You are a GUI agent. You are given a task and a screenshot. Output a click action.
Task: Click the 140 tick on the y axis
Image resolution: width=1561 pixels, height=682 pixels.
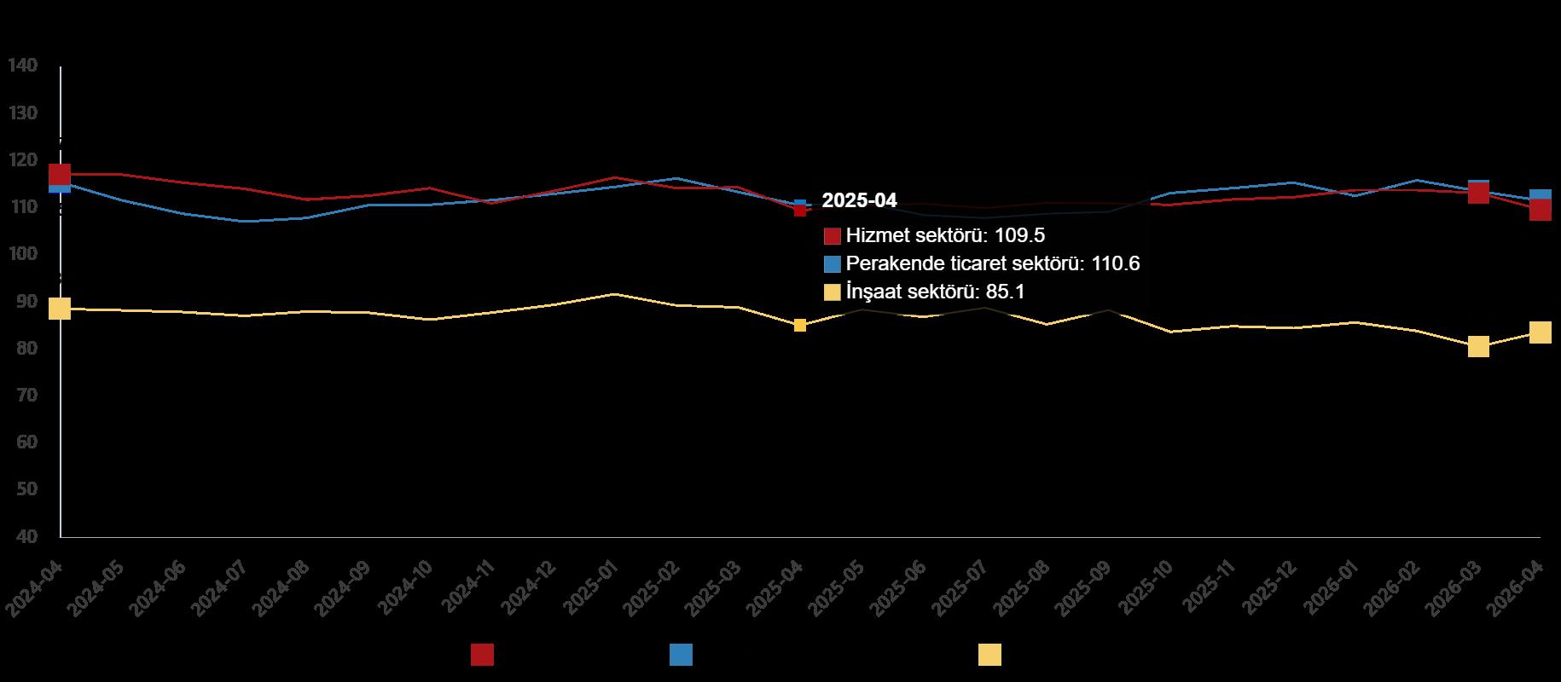pyautogui.click(x=23, y=66)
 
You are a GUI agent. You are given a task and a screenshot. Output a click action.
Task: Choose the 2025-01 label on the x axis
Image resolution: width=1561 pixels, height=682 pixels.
pyautogui.click(x=589, y=589)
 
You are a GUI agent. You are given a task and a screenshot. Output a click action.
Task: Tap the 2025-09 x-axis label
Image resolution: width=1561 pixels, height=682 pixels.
pyautogui.click(x=1084, y=589)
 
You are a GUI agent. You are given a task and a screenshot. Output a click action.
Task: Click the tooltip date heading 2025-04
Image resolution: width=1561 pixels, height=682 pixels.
pyautogui.click(x=859, y=200)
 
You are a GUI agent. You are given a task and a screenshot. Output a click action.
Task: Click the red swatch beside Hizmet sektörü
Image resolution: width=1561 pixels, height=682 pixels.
pyautogui.click(x=833, y=236)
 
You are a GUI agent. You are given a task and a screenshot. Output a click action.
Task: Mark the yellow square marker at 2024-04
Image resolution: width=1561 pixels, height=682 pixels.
pyautogui.click(x=60, y=308)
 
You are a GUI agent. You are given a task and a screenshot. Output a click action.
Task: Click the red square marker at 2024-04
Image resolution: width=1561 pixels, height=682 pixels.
pyautogui.click(x=60, y=175)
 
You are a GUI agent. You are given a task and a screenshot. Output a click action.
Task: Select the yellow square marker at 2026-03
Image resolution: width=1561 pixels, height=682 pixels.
pyautogui.click(x=1478, y=346)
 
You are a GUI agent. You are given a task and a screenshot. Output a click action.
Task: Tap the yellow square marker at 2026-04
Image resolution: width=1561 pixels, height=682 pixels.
pyautogui.click(x=1540, y=332)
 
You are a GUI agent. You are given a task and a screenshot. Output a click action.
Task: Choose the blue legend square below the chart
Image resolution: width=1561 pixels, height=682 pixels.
pyautogui.click(x=681, y=655)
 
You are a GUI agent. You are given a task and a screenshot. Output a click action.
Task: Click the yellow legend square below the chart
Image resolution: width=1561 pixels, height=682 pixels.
pyautogui.click(x=989, y=655)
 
